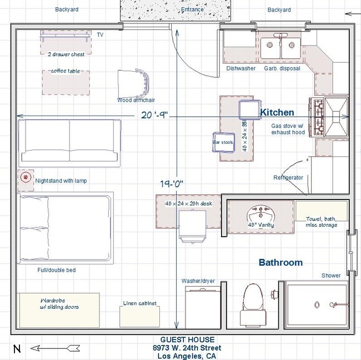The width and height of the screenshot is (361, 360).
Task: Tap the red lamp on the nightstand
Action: click(25, 178)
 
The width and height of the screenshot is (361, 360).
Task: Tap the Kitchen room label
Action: click(277, 113)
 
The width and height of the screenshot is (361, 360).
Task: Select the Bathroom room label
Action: click(280, 262)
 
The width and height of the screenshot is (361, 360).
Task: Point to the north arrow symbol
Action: click(52, 348)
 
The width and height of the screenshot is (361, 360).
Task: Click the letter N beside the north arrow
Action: click(17, 349)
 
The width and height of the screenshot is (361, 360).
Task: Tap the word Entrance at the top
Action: click(193, 10)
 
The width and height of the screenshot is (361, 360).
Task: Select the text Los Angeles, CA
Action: click(188, 356)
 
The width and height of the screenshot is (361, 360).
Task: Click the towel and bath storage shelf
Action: click(321, 211)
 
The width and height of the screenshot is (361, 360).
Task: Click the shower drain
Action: click(316, 305)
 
